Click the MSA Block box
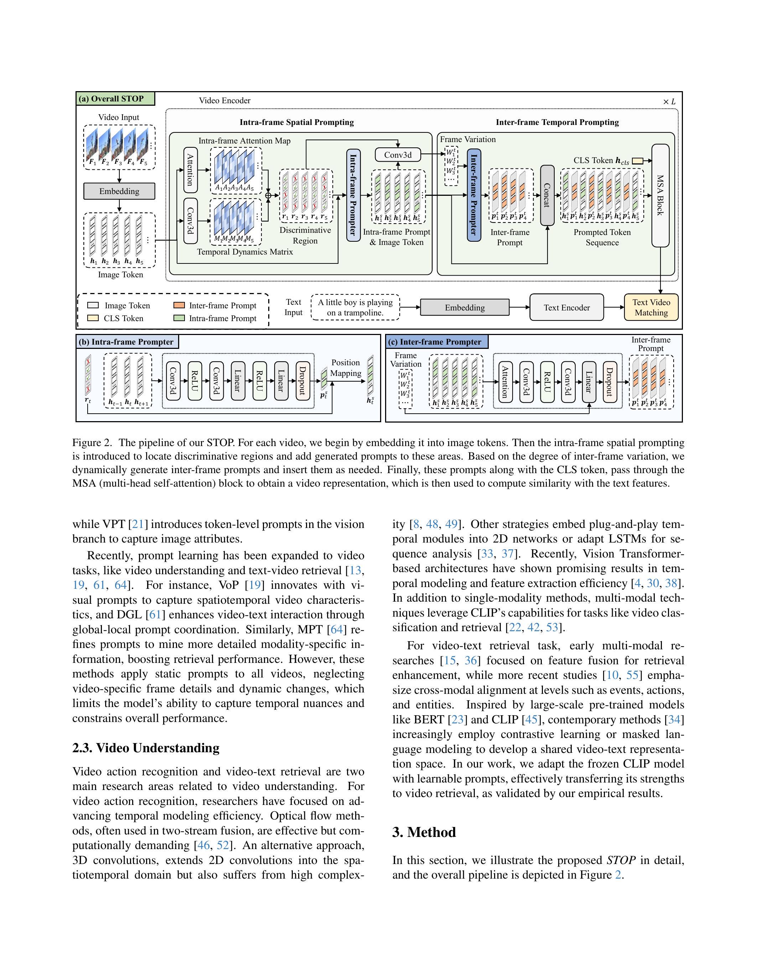660,195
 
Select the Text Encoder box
566,308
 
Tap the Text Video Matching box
651,308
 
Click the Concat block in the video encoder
547,195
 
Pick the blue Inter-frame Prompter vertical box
473,195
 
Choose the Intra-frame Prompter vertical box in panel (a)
353,195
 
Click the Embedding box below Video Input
119,191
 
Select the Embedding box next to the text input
465,308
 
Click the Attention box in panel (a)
191,170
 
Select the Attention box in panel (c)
505,382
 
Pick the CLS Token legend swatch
93,318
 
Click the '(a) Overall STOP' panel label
116,99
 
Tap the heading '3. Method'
424,832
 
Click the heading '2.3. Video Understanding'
146,748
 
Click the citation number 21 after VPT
138,524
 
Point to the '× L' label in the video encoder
669,102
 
